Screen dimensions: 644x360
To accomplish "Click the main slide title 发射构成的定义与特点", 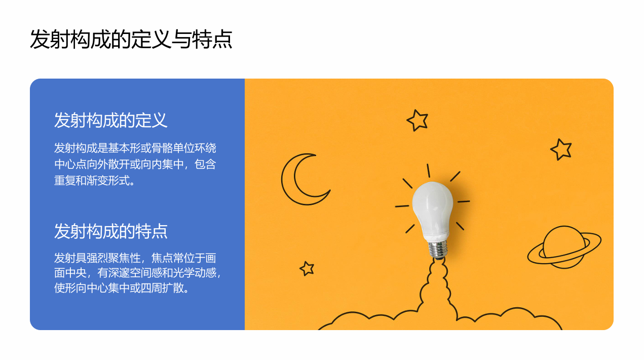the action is (x=131, y=39).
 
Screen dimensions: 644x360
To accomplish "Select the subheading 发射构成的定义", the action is (x=110, y=120).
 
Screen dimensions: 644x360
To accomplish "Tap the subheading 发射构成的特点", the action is (x=110, y=231).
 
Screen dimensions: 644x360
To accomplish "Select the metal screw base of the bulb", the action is (x=438, y=249).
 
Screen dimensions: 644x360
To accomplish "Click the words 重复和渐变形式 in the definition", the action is (x=92, y=181).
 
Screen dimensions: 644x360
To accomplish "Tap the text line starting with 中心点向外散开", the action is (x=135, y=164).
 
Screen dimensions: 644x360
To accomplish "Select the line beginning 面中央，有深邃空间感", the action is (x=137, y=273).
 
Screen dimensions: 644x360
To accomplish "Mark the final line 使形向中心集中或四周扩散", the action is (x=122, y=288).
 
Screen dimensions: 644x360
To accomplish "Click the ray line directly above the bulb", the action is (x=428, y=171).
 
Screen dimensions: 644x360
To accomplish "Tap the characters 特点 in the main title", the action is (x=212, y=39).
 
